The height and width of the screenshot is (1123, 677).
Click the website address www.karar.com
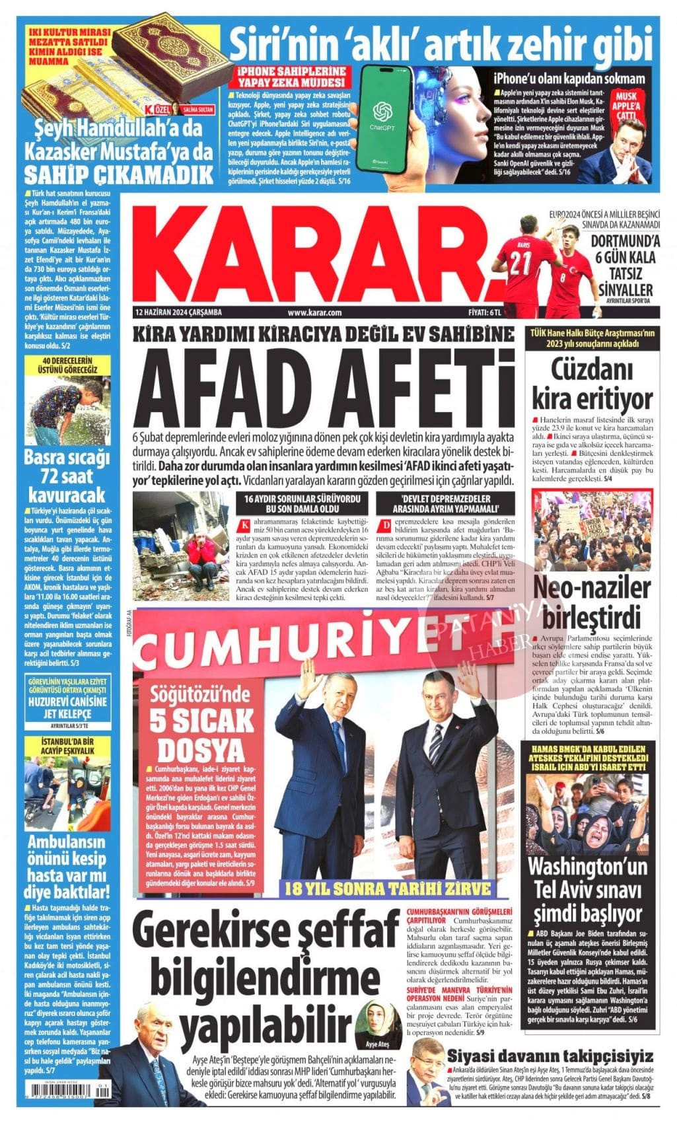tap(315, 312)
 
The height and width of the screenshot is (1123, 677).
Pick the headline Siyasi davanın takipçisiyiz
tap(550, 1055)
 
